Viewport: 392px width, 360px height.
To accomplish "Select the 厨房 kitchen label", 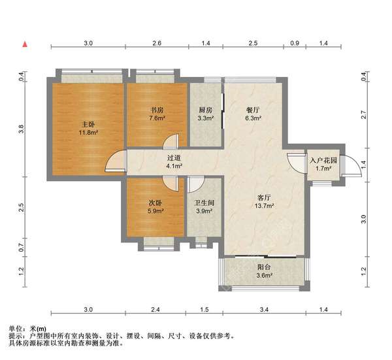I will [x=205, y=110].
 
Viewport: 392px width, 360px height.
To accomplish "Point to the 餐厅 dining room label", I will [x=252, y=110].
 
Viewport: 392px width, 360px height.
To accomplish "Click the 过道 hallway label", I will [x=173, y=157].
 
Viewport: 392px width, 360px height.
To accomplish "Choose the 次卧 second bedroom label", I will [x=155, y=203].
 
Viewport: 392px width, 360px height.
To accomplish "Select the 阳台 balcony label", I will [x=263, y=267].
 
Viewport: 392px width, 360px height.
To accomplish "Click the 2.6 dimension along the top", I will [x=157, y=42].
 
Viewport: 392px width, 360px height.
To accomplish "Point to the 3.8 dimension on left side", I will [x=22, y=129].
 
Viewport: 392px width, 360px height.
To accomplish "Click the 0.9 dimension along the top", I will [x=294, y=42].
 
